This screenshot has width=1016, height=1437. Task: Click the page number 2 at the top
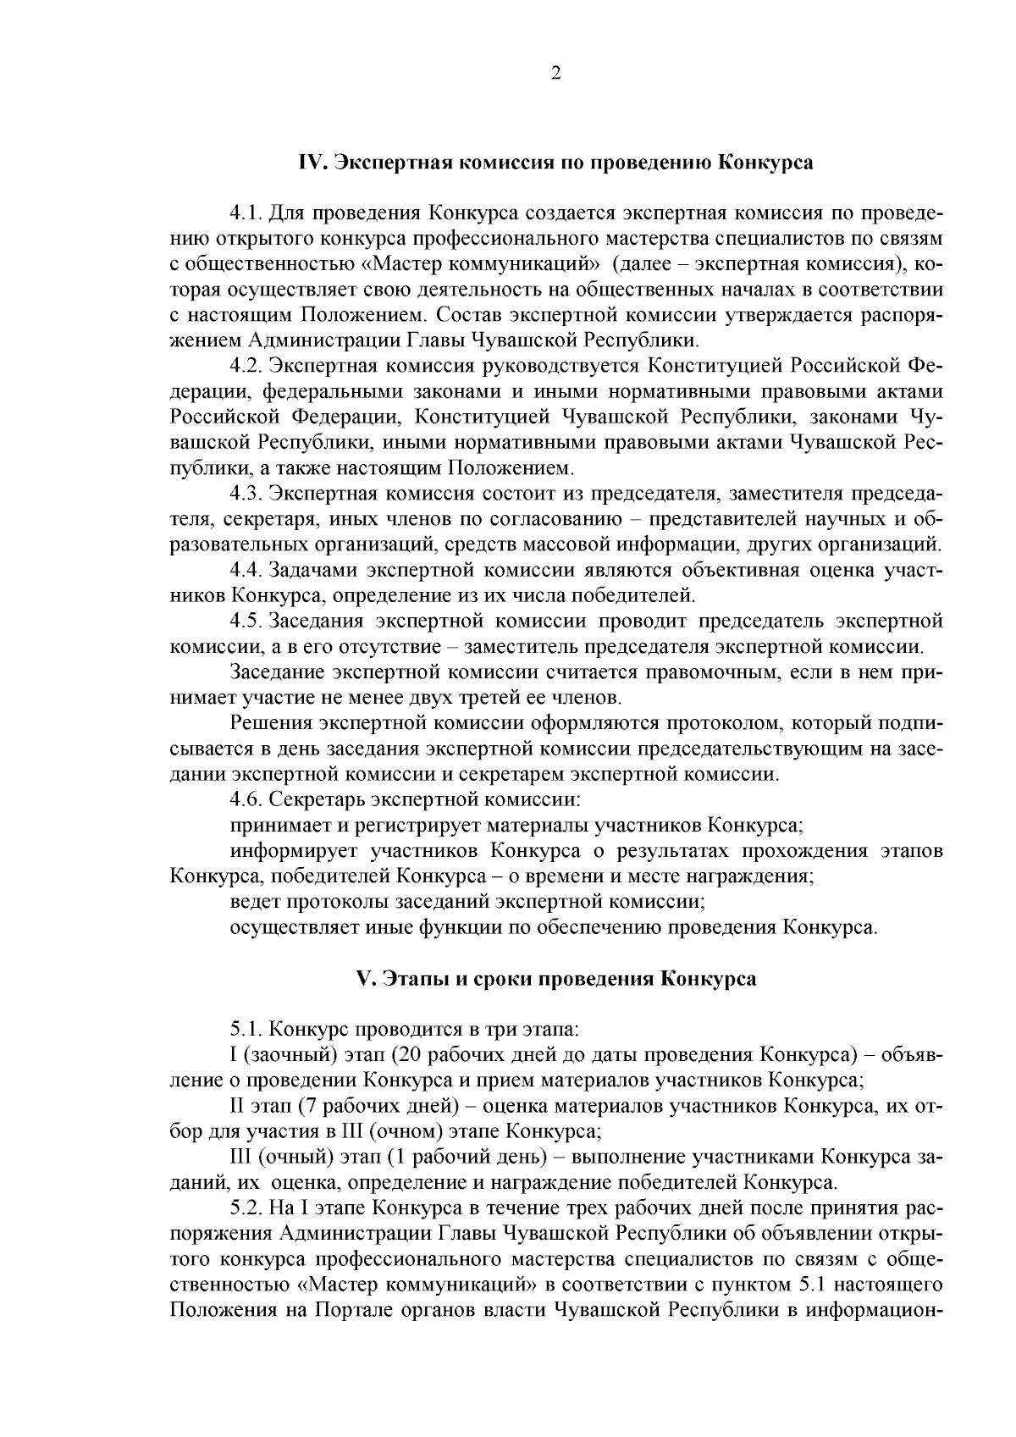click(555, 74)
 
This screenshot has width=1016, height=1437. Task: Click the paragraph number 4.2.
click(246, 366)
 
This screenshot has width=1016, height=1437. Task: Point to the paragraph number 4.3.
click(246, 493)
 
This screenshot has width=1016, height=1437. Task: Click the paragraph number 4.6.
click(246, 799)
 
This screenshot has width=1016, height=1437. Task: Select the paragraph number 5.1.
click(246, 1030)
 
